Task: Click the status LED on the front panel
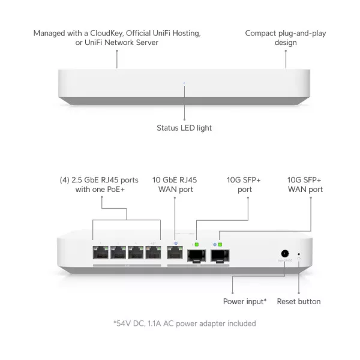184,83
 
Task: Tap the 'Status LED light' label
184,128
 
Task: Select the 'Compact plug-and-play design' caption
286,37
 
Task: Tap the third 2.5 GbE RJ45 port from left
135,253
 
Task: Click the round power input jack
285,253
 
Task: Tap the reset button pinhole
299,254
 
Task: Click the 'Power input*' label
245,301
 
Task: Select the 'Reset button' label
299,301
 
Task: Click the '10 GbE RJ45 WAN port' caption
175,184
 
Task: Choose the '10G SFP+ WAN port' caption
304,184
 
